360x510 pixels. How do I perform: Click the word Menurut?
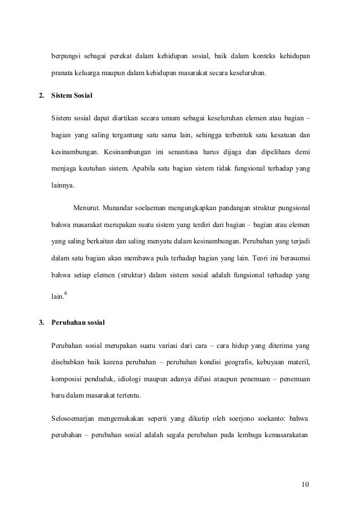click(x=85, y=210)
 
